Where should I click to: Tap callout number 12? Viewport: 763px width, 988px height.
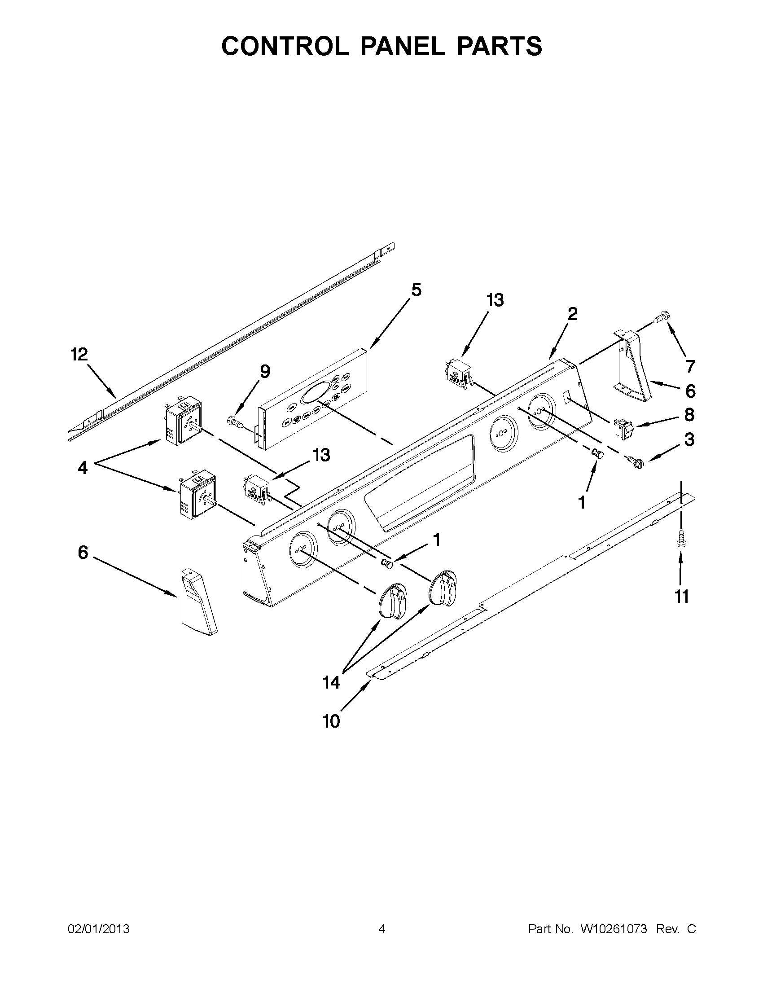[79, 355]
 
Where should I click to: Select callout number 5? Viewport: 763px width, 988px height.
[416, 290]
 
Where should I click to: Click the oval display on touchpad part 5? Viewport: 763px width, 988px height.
[316, 391]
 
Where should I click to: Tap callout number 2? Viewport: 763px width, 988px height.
[572, 314]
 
